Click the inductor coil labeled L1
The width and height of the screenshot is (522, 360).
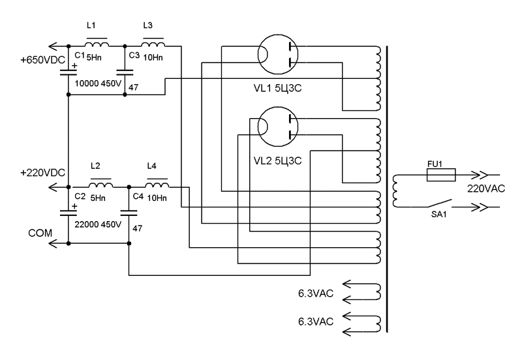(98, 45)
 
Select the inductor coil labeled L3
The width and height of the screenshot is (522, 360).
(154, 45)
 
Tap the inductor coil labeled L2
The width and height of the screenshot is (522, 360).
(100, 185)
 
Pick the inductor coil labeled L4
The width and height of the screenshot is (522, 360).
(157, 185)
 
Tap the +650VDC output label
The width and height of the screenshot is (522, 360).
(42, 60)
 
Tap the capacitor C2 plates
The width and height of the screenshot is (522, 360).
(69, 212)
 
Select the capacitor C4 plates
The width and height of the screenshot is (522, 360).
(129, 212)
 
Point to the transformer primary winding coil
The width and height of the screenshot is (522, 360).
(395, 190)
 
